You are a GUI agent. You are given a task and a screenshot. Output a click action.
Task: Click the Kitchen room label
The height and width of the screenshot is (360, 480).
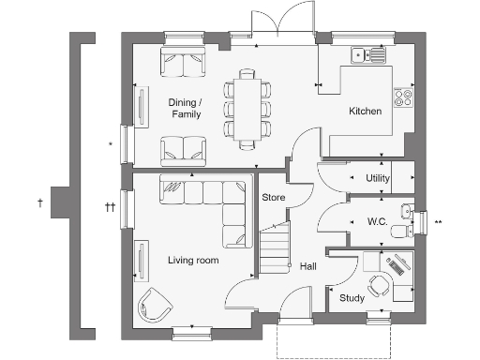[365, 112]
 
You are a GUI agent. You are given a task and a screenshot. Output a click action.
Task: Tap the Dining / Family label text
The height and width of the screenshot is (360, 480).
[184, 108]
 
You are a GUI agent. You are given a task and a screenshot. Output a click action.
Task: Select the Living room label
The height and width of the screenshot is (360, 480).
[193, 261]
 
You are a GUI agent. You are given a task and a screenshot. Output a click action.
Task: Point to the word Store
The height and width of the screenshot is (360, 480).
[272, 198]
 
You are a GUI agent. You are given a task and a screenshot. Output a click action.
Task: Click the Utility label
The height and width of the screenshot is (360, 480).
[378, 177]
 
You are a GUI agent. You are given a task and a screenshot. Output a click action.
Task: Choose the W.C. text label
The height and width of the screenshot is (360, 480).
[378, 221]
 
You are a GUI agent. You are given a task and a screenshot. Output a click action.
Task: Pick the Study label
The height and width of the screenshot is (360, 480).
[352, 298]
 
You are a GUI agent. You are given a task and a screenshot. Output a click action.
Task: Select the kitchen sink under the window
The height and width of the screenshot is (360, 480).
[364, 53]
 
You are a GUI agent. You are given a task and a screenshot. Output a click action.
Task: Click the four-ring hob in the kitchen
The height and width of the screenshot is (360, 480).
[405, 97]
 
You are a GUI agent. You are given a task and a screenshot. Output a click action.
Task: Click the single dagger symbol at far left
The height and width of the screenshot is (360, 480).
[39, 202]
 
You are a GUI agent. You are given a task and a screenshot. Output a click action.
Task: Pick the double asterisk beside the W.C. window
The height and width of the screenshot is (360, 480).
[438, 222]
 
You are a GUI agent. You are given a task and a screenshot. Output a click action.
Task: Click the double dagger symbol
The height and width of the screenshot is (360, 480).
[110, 207]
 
